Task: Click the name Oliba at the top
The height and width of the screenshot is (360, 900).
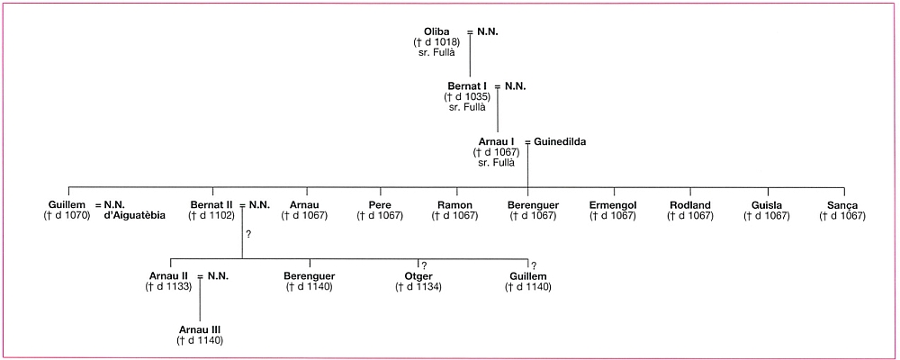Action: [436, 32]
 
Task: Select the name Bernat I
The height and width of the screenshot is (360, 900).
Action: [467, 86]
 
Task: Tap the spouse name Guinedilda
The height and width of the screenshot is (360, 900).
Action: [560, 142]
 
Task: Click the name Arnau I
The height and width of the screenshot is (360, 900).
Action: [497, 142]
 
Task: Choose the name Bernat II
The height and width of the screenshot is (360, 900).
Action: [211, 205]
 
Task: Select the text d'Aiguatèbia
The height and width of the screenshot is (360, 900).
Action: [134, 216]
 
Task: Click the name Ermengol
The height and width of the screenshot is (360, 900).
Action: [613, 205]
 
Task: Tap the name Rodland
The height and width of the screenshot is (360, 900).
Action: [690, 205]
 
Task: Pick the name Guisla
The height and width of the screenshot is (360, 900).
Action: [766, 205]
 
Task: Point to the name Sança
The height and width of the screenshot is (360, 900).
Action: [842, 205]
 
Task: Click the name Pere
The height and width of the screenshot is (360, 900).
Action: [380, 205]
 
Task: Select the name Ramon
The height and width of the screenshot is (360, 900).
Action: [455, 205]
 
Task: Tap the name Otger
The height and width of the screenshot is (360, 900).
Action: [418, 276]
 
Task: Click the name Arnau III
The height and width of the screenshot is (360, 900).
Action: [200, 329]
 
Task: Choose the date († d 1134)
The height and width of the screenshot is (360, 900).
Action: [418, 286]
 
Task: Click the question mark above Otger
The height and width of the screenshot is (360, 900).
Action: [424, 265]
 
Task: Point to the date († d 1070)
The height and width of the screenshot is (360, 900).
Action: [67, 216]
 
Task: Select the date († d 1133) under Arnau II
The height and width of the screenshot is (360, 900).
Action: [168, 286]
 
